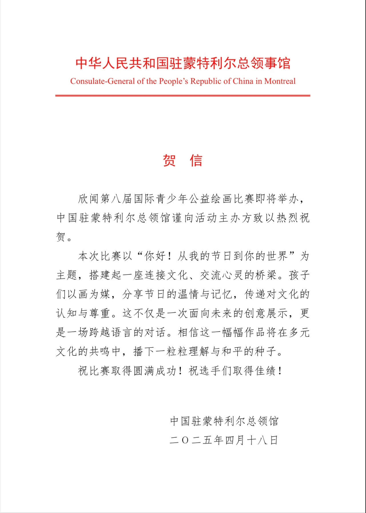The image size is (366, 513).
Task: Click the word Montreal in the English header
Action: (280, 81)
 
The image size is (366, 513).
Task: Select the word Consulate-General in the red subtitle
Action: (103, 81)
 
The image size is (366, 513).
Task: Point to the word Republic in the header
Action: (206, 81)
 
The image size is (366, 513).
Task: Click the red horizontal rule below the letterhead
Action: (183, 96)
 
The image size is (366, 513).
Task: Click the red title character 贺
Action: (169, 160)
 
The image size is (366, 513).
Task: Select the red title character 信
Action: (196, 160)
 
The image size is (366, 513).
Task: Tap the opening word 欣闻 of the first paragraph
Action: (89, 199)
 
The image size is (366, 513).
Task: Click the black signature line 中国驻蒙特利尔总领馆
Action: (224, 421)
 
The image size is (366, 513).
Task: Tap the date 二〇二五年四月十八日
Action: (224, 440)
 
